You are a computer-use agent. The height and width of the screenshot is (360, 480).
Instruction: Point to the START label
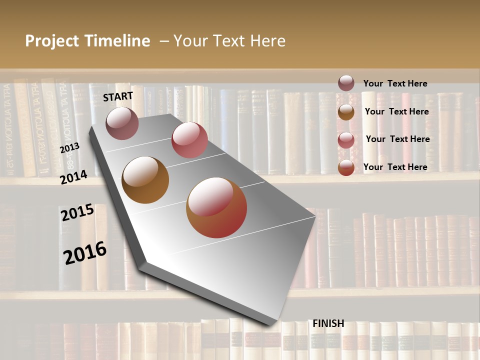118,96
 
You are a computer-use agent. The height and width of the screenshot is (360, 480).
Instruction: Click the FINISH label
328,323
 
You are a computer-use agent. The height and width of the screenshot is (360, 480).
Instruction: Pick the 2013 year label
69,147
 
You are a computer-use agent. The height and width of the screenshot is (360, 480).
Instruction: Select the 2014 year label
74,177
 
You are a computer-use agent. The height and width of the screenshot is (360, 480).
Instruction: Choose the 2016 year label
85,252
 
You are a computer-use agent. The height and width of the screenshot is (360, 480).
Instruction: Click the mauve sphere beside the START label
122,123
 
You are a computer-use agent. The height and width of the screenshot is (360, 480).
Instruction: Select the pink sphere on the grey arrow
189,139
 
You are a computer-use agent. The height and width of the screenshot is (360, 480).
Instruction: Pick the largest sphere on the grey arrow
216,207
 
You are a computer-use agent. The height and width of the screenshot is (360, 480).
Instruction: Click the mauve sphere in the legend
346,83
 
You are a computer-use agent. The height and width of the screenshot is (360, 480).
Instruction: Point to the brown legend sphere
346,111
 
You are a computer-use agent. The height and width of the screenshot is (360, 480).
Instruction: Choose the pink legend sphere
346,139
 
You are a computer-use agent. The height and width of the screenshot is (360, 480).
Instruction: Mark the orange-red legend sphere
346,167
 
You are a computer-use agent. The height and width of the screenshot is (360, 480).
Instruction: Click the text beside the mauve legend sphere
395,83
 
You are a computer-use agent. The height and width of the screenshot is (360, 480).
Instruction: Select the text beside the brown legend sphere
397,111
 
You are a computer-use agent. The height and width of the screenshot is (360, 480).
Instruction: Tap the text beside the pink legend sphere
398,139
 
